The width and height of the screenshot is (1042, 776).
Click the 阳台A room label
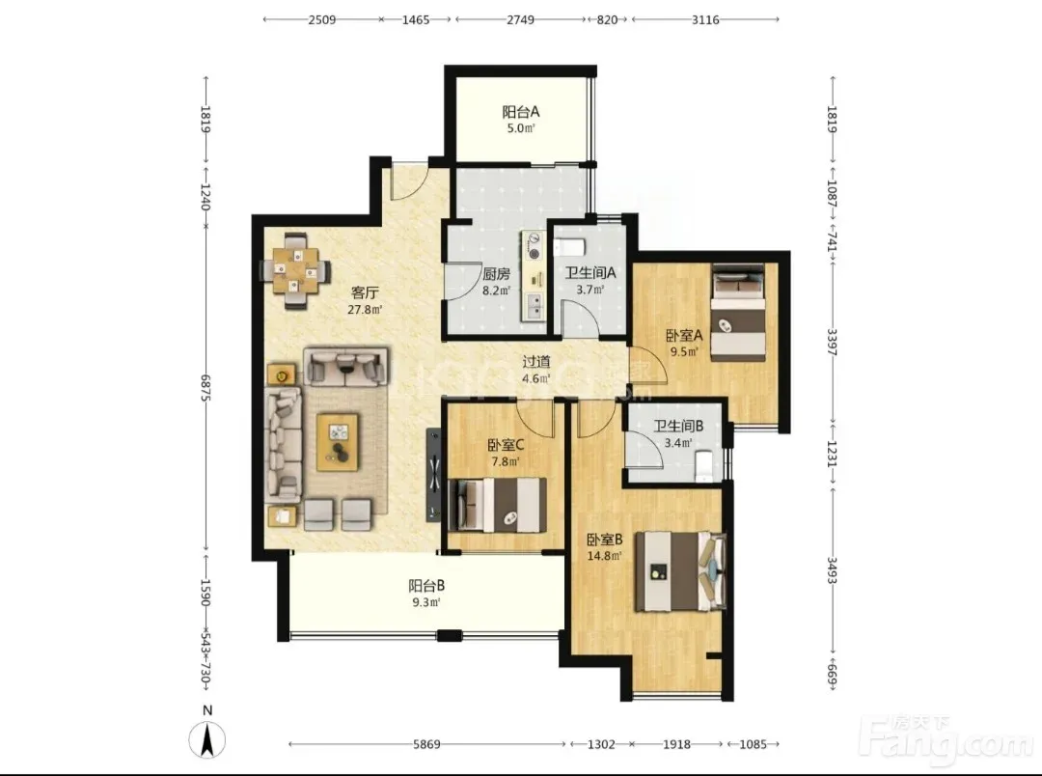point(520,112)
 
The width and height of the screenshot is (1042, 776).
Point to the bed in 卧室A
point(739,313)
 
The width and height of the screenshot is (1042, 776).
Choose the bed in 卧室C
point(498,506)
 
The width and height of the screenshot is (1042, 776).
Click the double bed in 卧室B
point(680,571)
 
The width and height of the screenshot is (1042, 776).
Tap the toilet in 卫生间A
point(569,248)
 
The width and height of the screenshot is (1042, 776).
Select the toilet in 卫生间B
point(703,465)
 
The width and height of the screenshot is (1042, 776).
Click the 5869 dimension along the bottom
point(426,744)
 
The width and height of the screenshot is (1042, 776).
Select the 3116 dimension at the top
point(705,19)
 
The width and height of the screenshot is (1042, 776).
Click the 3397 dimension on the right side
point(832,341)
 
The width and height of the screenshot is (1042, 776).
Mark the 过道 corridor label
point(535,362)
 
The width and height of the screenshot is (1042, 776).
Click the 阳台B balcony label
point(426,586)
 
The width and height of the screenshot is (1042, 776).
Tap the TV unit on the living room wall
point(433,475)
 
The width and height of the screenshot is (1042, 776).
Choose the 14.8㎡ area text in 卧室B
point(605,556)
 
